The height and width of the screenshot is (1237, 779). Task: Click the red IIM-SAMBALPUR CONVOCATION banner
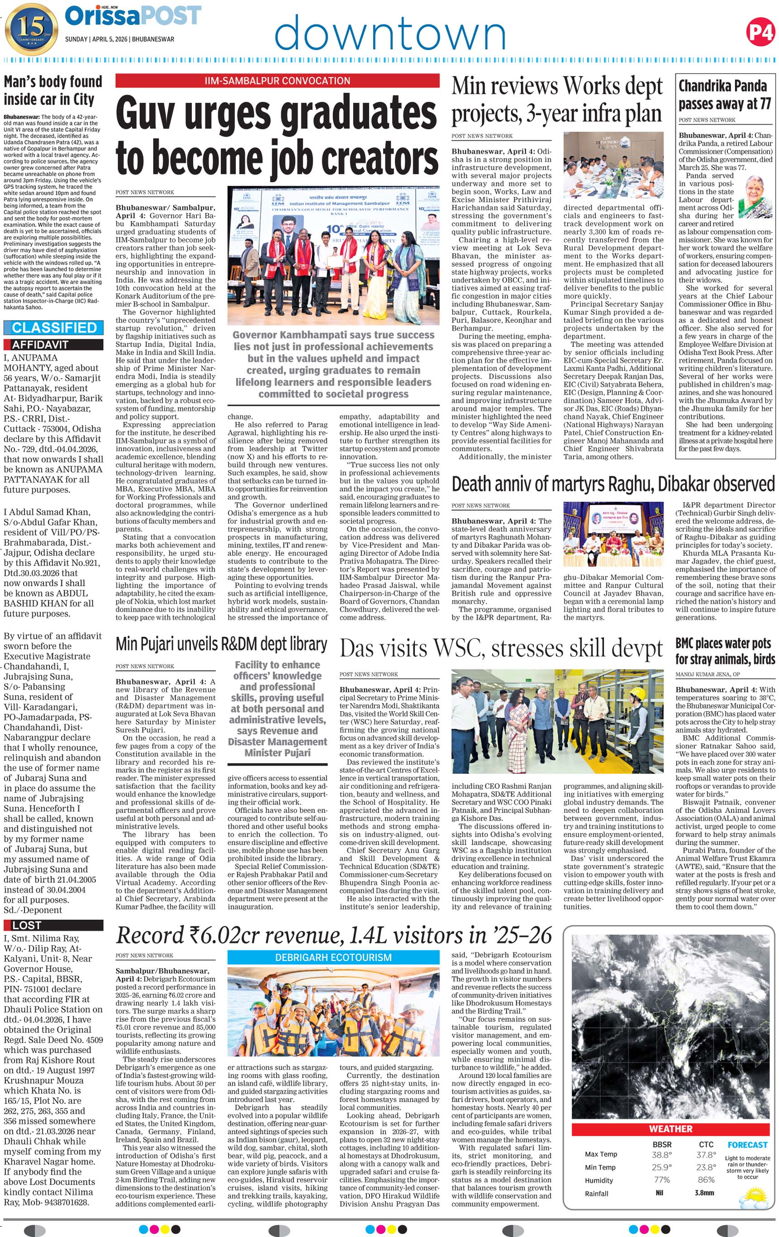[x=277, y=81]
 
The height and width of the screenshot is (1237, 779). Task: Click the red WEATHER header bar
[x=670, y=1128]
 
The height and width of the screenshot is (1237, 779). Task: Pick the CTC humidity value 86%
[x=707, y=1180]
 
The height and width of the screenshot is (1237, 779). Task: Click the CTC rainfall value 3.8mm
[x=703, y=1193]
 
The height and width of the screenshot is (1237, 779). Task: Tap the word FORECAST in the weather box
[x=747, y=1145]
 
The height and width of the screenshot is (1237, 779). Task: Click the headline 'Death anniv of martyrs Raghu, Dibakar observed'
[x=613, y=484]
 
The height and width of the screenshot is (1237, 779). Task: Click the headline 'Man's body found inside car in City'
[x=53, y=90]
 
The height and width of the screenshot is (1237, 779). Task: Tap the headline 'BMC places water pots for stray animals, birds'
[x=725, y=651]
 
